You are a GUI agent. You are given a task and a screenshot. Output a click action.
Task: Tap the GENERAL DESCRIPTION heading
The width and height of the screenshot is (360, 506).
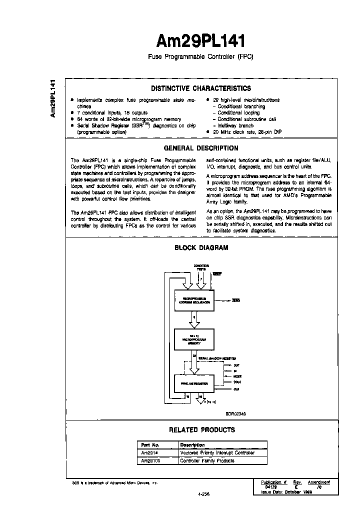click(x=201, y=148)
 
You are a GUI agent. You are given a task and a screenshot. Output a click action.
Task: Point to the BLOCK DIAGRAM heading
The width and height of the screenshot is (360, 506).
click(x=201, y=247)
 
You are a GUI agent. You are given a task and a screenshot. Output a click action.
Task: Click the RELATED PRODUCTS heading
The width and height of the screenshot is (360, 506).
click(x=201, y=429)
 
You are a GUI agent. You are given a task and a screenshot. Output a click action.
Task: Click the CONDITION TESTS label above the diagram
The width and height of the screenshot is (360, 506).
click(x=201, y=267)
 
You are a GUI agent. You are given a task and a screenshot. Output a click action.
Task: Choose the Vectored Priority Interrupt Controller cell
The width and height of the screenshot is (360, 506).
click(x=222, y=452)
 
